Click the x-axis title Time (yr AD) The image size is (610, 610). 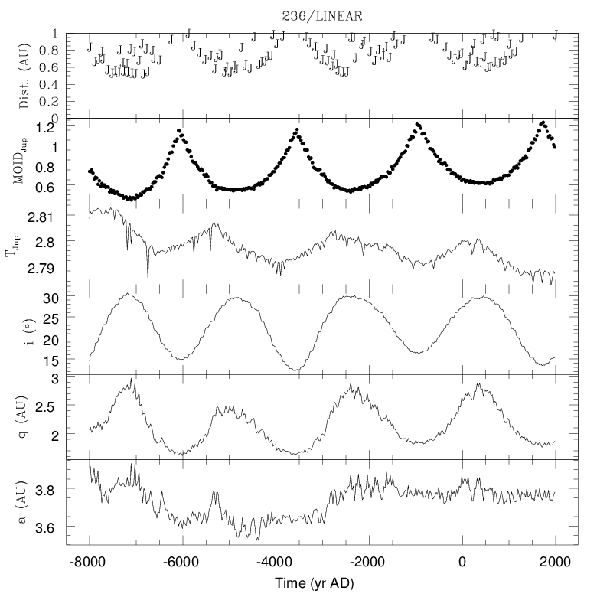tap(321, 583)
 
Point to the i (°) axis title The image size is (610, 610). tap(24, 331)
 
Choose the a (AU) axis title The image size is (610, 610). tap(24, 502)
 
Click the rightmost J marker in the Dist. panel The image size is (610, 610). tap(556, 34)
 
